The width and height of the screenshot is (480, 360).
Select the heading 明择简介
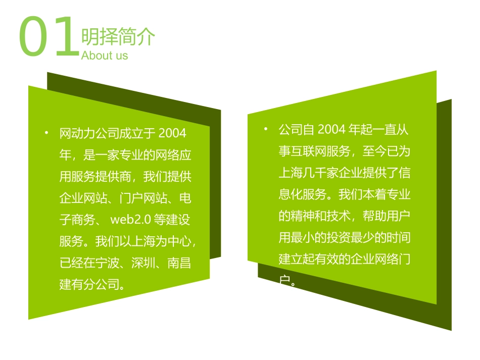118,36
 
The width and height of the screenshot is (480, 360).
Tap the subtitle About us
105,55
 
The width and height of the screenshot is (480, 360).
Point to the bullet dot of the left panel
46,133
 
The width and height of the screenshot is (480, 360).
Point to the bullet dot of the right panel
266,129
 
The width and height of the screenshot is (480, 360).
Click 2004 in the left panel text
172,133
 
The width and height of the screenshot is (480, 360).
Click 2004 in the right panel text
331,130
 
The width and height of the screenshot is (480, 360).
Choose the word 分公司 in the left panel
102,285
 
